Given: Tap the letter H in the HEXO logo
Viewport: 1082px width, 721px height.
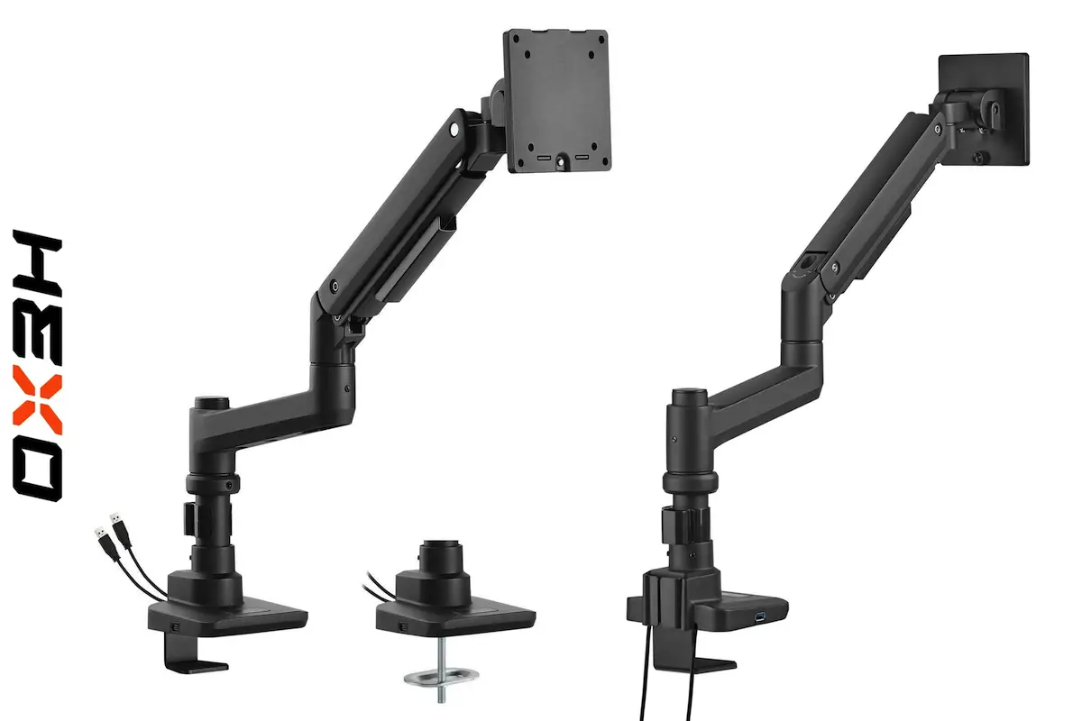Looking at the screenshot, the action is (x=38, y=264).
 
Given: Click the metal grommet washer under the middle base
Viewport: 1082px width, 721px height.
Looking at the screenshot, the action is (x=442, y=675).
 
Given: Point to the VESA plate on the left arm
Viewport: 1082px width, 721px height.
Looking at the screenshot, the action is (x=557, y=100).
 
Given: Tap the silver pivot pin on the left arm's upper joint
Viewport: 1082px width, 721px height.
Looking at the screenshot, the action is (x=454, y=130).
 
